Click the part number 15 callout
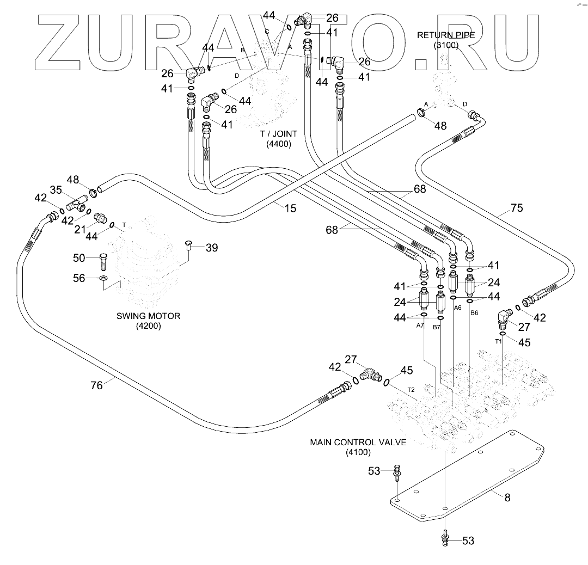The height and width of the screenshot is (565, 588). [x=290, y=208]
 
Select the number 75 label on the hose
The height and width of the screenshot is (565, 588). [x=517, y=207]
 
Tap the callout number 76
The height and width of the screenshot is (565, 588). [x=96, y=385]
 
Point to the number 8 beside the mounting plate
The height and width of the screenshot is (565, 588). [x=507, y=498]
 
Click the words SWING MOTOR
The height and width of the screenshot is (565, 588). [x=148, y=316]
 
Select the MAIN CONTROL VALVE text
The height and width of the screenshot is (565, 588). [x=358, y=442]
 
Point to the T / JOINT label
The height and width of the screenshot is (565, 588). [x=279, y=134]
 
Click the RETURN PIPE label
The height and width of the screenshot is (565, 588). [x=446, y=35]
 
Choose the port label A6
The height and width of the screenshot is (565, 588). [x=457, y=308]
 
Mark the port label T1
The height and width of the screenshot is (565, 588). [x=498, y=341]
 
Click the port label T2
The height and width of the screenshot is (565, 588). [x=412, y=390]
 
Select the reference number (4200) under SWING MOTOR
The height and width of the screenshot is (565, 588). [x=148, y=327]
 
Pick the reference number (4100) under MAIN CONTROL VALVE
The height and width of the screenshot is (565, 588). [x=358, y=452]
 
